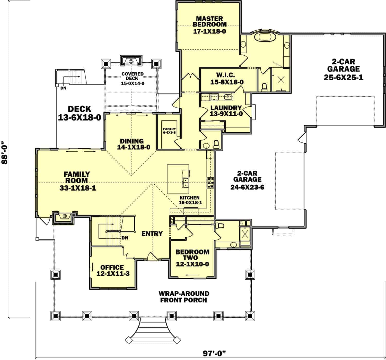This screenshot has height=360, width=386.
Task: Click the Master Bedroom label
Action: pos(210,22)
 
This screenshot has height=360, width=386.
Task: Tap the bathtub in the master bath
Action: pos(265,37)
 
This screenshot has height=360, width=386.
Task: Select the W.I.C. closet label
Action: pos(225,75)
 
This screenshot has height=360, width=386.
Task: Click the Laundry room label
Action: pos(226,108)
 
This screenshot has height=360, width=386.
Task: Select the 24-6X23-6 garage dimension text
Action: pos(247,187)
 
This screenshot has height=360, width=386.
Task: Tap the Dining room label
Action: pos(132,141)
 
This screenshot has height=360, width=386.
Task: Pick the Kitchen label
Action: pos(189,198)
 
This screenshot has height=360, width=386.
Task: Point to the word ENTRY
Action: pos(152,234)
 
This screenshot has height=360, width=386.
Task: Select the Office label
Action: pos(112,267)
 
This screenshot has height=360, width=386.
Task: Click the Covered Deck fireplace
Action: pos(131,61)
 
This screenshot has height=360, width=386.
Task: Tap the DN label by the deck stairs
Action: pos(63,88)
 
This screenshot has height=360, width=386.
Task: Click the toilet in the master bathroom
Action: pos(264,88)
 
